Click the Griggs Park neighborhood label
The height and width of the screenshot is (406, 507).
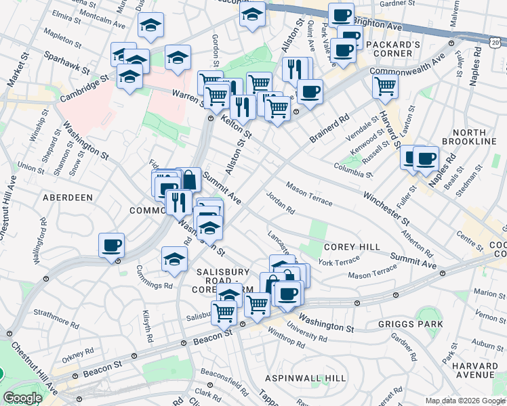(411, 324)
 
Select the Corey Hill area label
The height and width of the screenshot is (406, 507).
(352, 247)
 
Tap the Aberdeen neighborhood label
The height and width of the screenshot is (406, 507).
(67, 197)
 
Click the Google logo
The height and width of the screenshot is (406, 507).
(22, 398)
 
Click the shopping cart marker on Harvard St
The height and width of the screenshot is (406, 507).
(385, 86)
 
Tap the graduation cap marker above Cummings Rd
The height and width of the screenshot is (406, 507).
(174, 258)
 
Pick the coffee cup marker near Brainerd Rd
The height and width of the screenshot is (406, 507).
(310, 91)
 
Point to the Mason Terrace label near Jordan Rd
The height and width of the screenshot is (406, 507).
(308, 193)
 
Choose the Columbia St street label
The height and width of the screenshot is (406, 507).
(353, 170)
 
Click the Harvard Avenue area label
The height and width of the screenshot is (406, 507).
(473, 369)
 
